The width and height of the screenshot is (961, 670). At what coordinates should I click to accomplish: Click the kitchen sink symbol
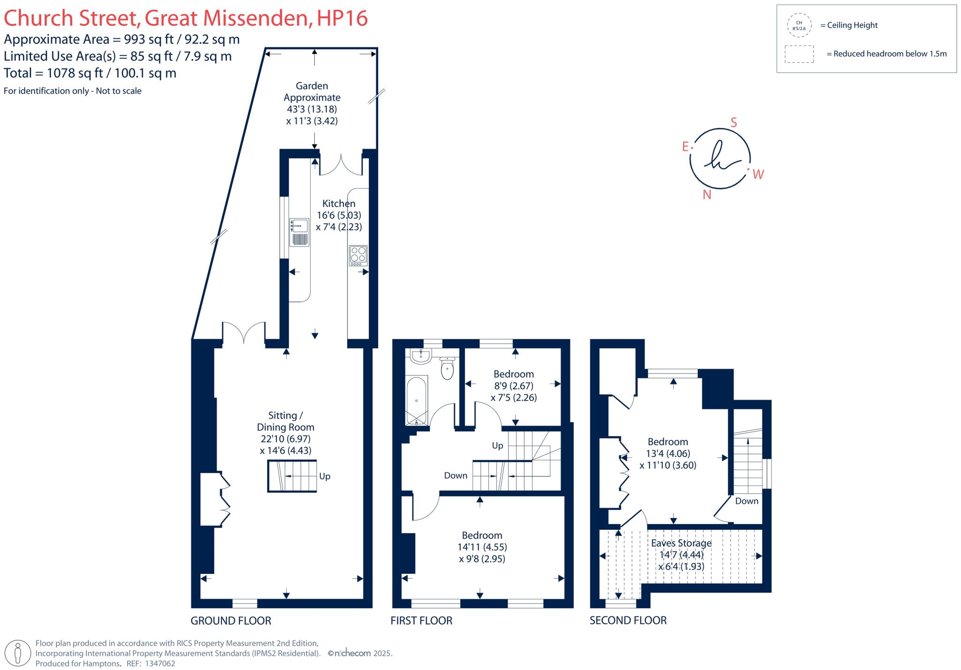click(x=299, y=232)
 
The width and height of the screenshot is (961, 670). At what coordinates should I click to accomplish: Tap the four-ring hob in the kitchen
click(x=358, y=256)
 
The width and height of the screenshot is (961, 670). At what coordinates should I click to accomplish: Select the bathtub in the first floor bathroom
click(x=417, y=400)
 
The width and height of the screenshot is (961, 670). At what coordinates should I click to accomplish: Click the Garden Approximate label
click(x=312, y=91)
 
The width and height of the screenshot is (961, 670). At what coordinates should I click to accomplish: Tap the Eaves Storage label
click(x=681, y=543)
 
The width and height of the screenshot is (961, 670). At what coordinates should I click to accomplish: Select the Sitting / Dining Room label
click(x=285, y=421)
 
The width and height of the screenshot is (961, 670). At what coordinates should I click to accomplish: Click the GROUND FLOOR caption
click(x=231, y=621)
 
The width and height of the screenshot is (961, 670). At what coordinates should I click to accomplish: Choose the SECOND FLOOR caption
click(x=628, y=620)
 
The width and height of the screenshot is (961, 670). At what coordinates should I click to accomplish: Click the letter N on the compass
click(x=707, y=195)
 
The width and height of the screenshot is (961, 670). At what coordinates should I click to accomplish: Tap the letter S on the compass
click(x=734, y=123)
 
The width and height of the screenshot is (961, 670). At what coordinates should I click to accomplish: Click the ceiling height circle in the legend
click(x=799, y=25)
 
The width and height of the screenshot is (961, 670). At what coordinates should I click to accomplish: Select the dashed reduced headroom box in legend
click(x=799, y=54)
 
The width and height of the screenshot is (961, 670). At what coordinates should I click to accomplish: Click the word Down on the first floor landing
click(x=456, y=476)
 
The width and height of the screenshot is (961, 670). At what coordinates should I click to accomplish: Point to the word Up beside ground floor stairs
click(x=325, y=476)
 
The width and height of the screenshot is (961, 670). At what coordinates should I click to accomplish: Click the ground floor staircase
click(x=292, y=476)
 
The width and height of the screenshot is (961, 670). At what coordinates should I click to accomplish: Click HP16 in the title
click(x=342, y=18)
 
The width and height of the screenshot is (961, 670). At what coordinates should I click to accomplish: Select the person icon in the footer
click(x=18, y=653)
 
